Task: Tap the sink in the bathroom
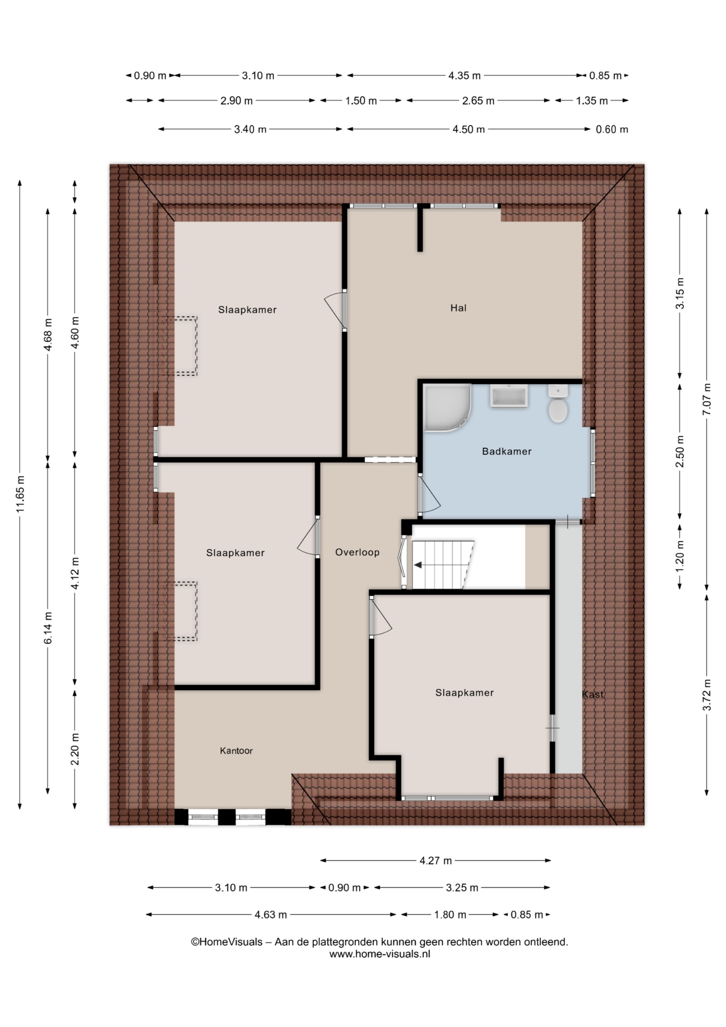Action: coord(509,396)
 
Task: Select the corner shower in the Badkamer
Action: coord(447,407)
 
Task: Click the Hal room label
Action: coord(458,308)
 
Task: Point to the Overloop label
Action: coord(357,553)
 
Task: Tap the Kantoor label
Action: coord(236,751)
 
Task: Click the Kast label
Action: coord(592,694)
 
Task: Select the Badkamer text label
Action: coord(507,451)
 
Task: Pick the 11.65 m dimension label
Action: coord(20,494)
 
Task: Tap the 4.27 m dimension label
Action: coord(436,861)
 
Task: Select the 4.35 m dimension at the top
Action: coord(465,75)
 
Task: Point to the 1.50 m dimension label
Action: coord(361,101)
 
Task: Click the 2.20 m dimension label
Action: coord(75,749)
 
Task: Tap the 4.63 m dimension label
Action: coord(271,915)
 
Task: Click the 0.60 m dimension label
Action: coord(612,129)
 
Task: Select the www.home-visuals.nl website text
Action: coord(380,954)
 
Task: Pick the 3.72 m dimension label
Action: coord(707,695)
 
